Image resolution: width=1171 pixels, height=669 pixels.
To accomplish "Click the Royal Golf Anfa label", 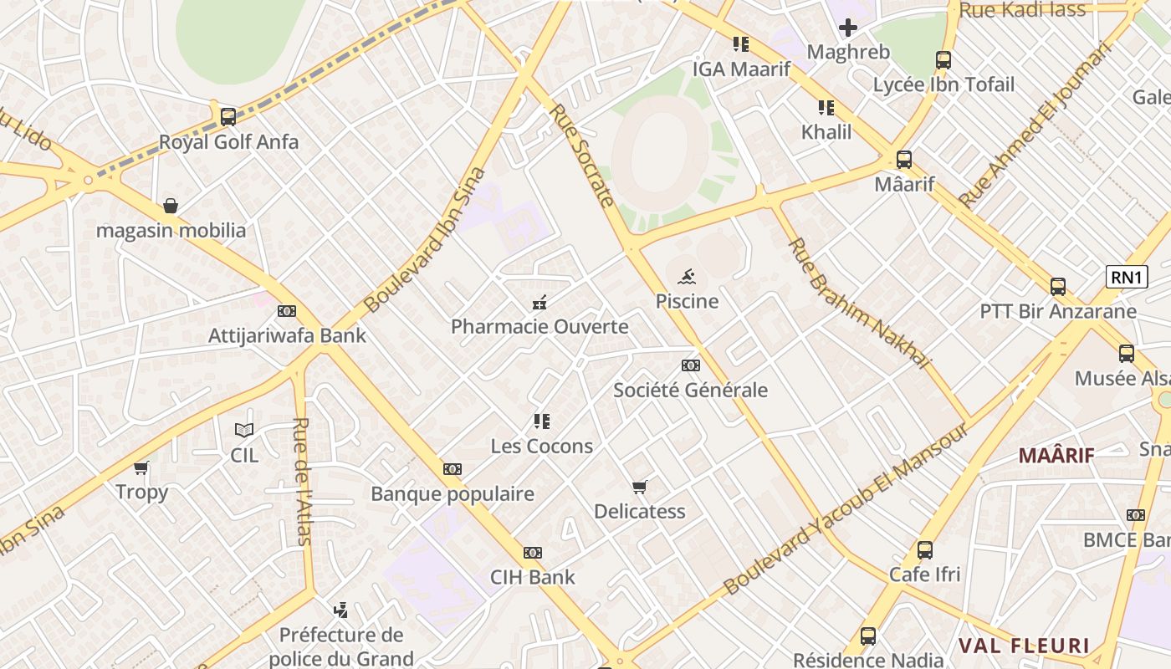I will (x=228, y=141).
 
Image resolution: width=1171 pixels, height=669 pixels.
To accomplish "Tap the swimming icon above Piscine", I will (x=687, y=277).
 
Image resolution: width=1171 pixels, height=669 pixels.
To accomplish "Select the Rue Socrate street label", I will (x=583, y=154).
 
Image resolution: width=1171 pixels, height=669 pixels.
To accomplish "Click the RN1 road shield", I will (x=1127, y=277).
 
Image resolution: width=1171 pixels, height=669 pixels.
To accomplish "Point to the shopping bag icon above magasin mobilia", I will (x=171, y=206).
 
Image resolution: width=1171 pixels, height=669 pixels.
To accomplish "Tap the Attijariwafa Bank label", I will (x=287, y=335).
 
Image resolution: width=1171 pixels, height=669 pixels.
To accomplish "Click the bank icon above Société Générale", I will (x=690, y=365).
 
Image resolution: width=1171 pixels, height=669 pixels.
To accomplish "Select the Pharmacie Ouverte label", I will (x=539, y=326).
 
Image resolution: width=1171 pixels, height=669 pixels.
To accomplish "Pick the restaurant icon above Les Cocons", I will (x=542, y=421).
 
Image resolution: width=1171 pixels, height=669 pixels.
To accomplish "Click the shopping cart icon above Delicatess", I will (x=640, y=487).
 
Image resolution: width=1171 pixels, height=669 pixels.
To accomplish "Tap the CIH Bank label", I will (x=533, y=576).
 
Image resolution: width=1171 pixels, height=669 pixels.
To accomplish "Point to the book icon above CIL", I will (x=244, y=431).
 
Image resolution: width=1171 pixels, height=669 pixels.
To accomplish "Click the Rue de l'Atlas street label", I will (x=302, y=481).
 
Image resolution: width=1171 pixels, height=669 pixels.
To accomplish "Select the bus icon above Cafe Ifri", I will (x=924, y=550).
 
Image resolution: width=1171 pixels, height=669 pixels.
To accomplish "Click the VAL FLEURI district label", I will (x=1024, y=646).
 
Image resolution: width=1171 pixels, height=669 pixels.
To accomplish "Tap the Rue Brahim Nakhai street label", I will (x=860, y=304).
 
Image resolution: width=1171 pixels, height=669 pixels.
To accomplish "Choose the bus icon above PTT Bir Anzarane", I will (x=1058, y=287).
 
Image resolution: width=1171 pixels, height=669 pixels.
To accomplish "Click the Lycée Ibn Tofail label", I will (x=943, y=84).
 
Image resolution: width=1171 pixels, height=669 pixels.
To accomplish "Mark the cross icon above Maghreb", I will (x=848, y=28).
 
